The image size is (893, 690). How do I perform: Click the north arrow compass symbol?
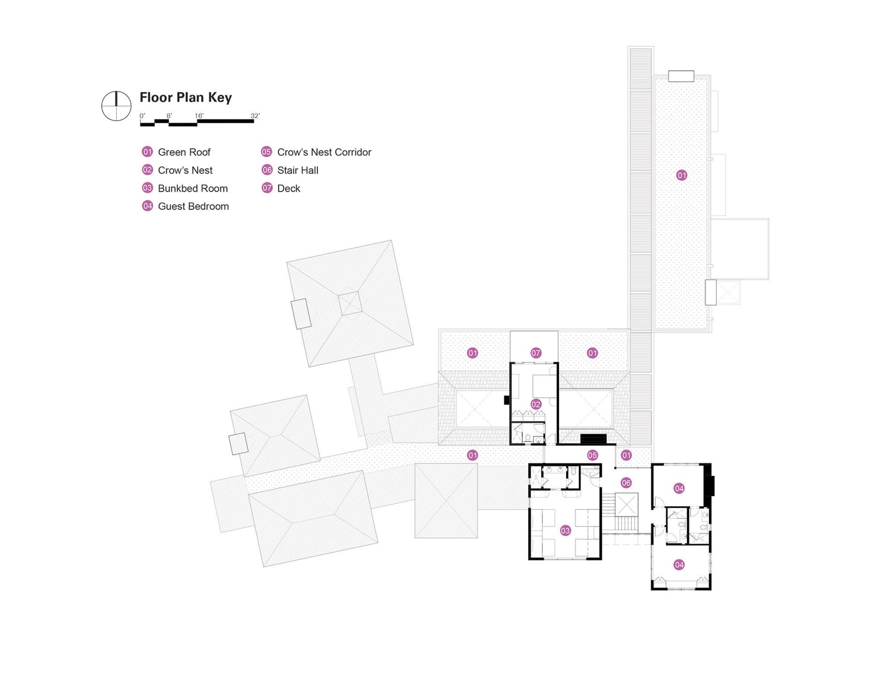116,106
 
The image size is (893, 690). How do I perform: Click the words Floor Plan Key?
185,98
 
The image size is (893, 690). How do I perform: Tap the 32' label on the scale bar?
255,115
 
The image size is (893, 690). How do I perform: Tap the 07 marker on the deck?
536,353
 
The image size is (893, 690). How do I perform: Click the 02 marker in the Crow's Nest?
536,404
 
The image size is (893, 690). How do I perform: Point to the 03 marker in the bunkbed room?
565,531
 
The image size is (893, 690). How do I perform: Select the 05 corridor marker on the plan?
592,455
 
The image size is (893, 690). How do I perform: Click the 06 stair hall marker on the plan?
626,483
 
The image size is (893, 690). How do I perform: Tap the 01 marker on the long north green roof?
682,175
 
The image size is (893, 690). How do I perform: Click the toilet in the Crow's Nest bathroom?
527,438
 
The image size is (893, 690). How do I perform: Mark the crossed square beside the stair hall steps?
626,504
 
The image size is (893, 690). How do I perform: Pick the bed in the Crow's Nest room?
543,386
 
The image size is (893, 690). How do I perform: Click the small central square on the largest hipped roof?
350,303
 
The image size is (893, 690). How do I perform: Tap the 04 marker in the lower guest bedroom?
679,564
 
